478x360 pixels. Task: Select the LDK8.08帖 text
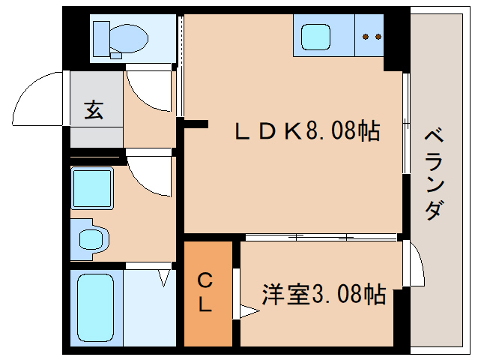coord(306,132)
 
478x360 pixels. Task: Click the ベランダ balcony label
coord(433,174)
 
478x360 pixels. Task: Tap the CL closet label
coord(206,293)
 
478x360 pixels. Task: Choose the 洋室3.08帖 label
coord(324,294)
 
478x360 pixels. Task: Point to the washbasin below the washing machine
coord(93,239)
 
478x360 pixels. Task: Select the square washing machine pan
coord(92,188)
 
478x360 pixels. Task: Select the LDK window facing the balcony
coord(405,124)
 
